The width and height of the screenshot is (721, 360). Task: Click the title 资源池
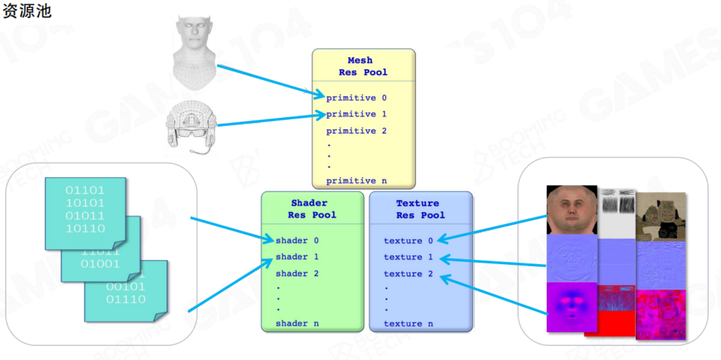click(27, 11)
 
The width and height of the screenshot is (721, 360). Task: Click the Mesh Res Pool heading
click(363, 66)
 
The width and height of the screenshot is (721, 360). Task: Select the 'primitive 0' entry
click(356, 98)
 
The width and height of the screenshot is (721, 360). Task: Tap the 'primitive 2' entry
click(356, 131)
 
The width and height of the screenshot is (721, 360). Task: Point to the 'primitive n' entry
click(356, 181)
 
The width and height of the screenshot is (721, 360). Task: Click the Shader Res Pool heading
click(312, 209)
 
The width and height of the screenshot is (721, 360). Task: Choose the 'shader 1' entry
click(297, 257)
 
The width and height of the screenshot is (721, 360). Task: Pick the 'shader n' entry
click(297, 323)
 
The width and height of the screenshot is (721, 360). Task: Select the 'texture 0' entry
click(408, 241)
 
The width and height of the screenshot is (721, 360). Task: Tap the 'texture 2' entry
click(408, 274)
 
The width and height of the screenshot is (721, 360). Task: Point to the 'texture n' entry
click(408, 324)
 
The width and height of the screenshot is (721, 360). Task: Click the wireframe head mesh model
click(194, 53)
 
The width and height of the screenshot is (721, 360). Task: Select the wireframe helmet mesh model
click(192, 126)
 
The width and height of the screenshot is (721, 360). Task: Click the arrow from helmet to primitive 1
click(270, 120)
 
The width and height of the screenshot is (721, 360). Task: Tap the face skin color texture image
click(571, 210)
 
